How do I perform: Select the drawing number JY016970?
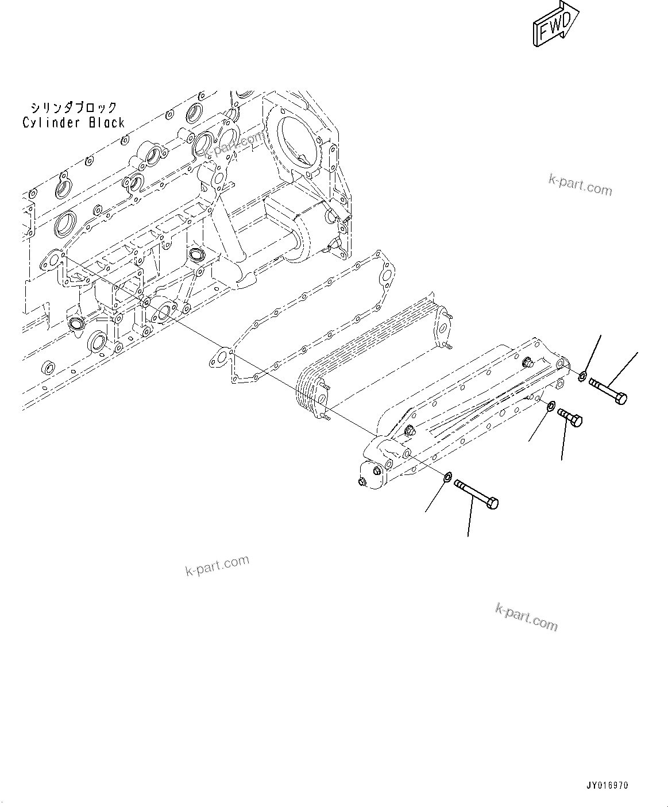(608, 785)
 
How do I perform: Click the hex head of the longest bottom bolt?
(492, 504)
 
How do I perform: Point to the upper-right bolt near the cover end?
(608, 390)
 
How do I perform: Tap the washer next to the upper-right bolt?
(582, 377)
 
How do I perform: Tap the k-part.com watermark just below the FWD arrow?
(580, 185)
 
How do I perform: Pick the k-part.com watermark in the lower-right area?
(526, 617)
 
